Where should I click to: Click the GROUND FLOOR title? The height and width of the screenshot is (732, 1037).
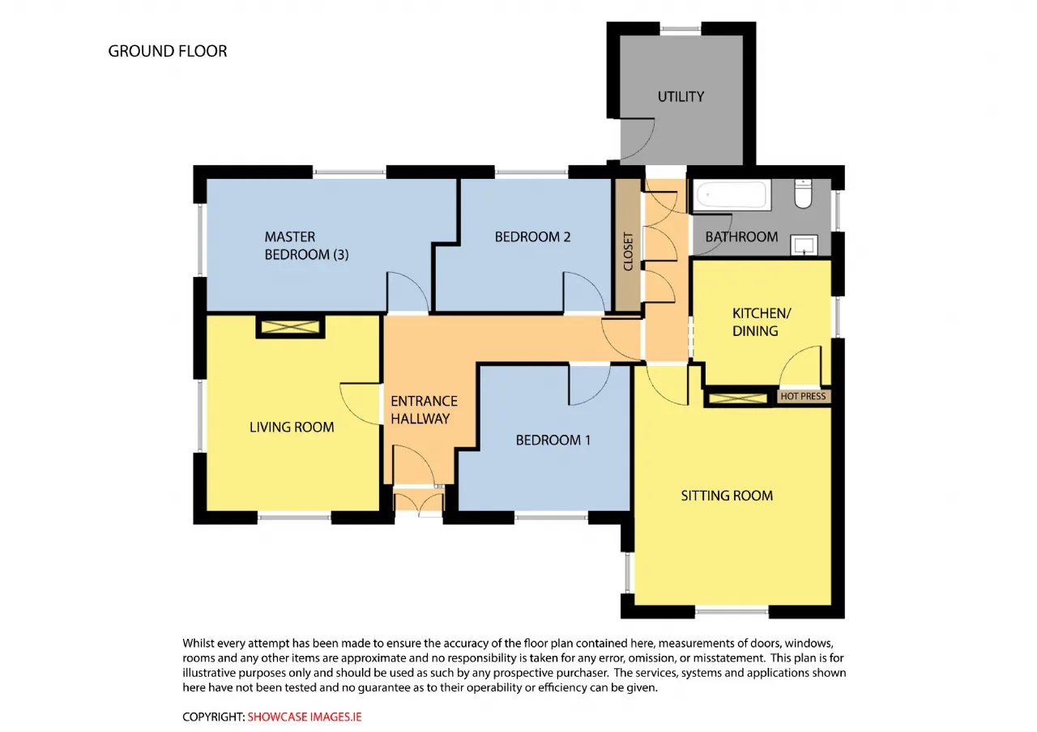pyautogui.click(x=168, y=51)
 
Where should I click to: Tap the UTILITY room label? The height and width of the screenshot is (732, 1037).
pyautogui.click(x=681, y=96)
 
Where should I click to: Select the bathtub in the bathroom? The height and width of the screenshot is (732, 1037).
pyautogui.click(x=732, y=195)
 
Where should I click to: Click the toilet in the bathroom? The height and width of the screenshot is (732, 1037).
pyautogui.click(x=803, y=194)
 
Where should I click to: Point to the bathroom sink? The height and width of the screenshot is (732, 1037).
pyautogui.click(x=804, y=245)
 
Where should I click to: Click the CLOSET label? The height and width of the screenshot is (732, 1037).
pyautogui.click(x=628, y=252)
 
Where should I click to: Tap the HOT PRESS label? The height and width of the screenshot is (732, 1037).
pyautogui.click(x=803, y=396)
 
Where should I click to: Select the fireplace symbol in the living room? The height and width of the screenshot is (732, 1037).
pyautogui.click(x=290, y=326)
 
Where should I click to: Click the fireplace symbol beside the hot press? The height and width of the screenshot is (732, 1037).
pyautogui.click(x=738, y=398)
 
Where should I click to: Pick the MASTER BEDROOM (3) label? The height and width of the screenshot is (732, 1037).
pyautogui.click(x=306, y=245)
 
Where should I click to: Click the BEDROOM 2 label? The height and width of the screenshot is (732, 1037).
pyautogui.click(x=532, y=237)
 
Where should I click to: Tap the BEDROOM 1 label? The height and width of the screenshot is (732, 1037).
pyautogui.click(x=553, y=440)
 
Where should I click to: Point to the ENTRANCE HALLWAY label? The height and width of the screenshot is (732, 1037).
pyautogui.click(x=424, y=410)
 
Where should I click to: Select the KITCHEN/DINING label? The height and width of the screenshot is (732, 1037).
pyautogui.click(x=762, y=322)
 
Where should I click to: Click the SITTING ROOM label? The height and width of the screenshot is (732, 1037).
pyautogui.click(x=727, y=496)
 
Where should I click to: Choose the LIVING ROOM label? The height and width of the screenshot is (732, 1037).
pyautogui.click(x=292, y=427)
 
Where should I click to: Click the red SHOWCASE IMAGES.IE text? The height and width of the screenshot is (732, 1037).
pyautogui.click(x=305, y=717)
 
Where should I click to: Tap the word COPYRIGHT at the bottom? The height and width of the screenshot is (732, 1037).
pyautogui.click(x=213, y=717)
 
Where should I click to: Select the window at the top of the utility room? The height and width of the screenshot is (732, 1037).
pyautogui.click(x=681, y=28)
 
